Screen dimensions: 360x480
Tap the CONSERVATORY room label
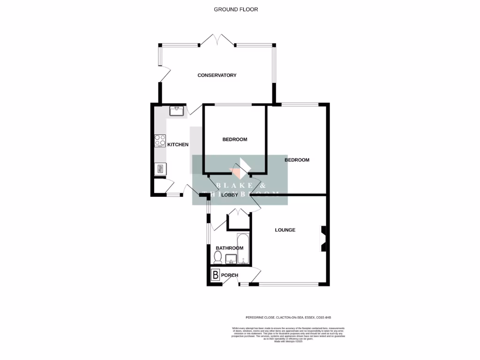pos(217,75)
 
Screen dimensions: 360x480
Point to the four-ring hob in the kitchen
pos(160,141)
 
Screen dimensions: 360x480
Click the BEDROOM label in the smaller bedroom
pos(234,140)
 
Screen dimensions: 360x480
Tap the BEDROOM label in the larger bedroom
pos(297,160)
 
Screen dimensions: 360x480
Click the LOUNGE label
pos(285,230)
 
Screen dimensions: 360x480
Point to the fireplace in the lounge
pos(323,238)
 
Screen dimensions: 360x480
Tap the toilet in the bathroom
pos(217,257)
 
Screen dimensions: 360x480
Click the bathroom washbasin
pos(231,259)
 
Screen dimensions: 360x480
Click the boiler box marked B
pos(215,275)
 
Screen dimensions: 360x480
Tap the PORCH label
pos(230,275)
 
